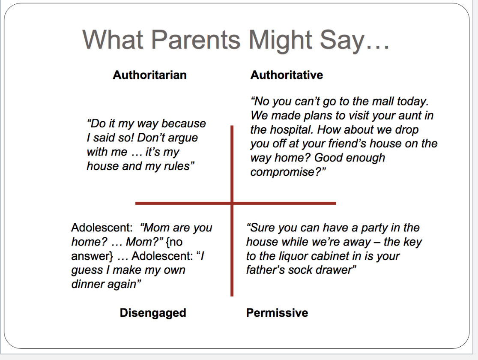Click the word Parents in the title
[196, 39]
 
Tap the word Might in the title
[281, 41]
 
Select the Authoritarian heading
[149, 75]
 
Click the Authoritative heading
[287, 75]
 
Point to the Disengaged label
[153, 313]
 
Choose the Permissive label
[277, 313]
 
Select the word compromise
[282, 172]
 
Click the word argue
[183, 138]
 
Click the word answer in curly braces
[90, 256]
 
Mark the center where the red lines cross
[232, 203]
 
